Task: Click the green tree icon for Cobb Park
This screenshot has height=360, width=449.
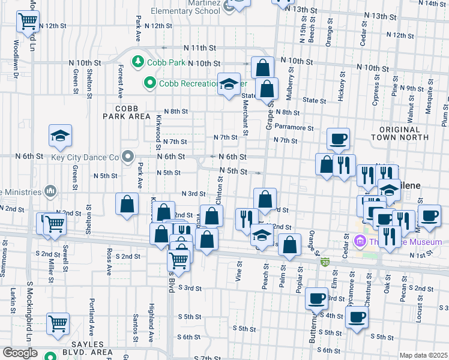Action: click(x=137, y=62)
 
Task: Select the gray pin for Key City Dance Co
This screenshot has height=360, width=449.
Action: click(x=127, y=157)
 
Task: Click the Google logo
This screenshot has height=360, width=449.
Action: click(x=20, y=353)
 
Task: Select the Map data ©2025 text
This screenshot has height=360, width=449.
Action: click(x=424, y=355)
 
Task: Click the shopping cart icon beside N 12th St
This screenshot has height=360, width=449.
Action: click(x=28, y=21)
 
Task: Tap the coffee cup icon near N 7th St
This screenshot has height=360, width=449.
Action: click(x=338, y=139)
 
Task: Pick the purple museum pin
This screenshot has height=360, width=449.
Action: click(x=360, y=242)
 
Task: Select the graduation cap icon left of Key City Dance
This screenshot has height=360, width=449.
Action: click(x=60, y=136)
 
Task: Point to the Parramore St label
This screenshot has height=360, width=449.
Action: click(x=294, y=128)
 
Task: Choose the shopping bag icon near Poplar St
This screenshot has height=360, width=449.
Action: click(x=289, y=245)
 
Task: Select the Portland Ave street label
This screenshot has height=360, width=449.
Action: click(x=92, y=313)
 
